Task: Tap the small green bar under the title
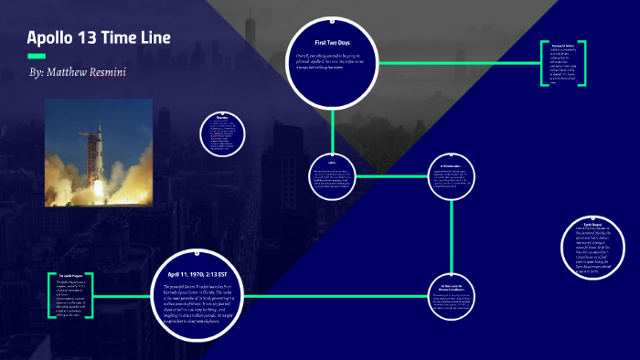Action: pos(36,57)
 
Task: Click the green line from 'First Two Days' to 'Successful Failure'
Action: pos(457,64)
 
